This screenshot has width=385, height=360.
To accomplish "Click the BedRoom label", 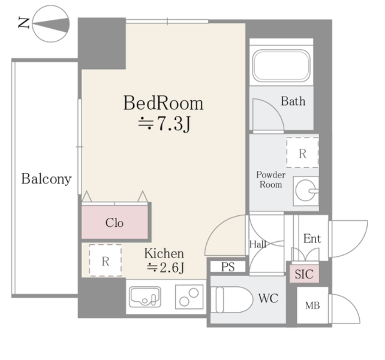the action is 163,103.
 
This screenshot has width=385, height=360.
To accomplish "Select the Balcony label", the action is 46,179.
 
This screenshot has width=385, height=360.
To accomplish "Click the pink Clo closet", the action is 115,222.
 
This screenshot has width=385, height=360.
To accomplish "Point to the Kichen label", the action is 164,253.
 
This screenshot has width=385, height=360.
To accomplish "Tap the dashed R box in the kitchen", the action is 106,260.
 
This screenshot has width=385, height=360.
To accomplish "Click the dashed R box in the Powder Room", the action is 302,152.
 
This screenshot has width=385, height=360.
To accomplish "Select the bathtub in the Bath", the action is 281,65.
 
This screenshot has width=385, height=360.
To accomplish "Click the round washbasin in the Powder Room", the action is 306,190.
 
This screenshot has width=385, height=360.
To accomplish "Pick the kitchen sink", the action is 145,296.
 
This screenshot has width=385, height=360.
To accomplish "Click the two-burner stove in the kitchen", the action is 189,296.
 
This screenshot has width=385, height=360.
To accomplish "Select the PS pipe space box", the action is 228,266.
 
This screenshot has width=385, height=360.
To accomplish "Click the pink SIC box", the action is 304,274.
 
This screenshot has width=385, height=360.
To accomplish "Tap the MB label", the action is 312,305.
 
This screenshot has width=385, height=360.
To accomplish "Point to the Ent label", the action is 312,238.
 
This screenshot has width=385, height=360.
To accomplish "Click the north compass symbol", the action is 51,24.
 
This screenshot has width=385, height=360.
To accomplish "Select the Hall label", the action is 258,244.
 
